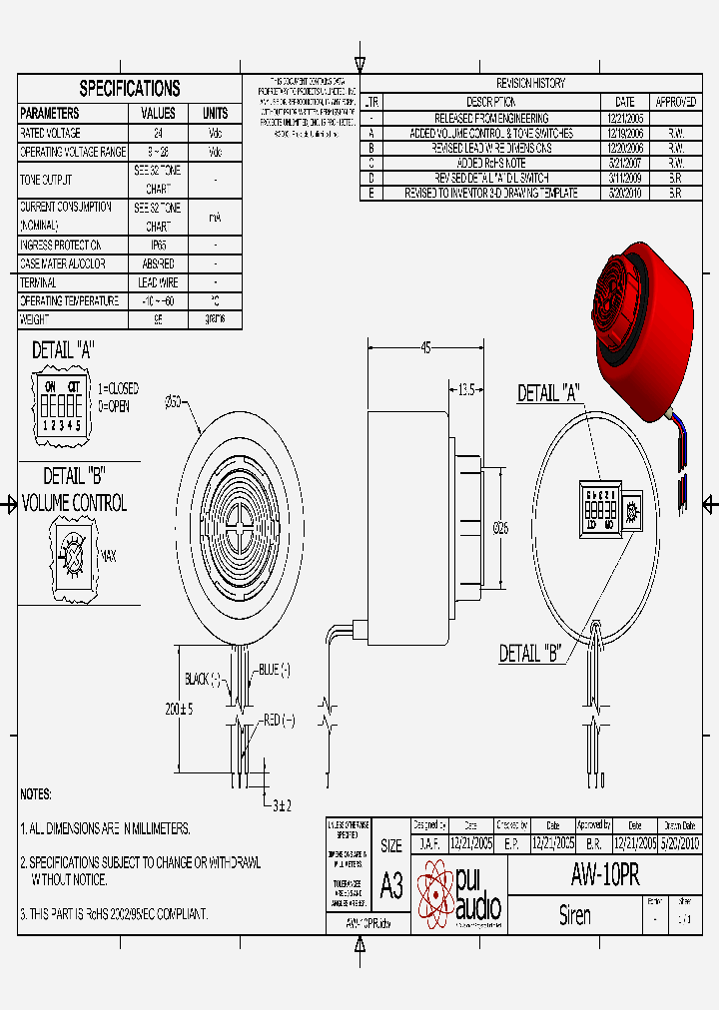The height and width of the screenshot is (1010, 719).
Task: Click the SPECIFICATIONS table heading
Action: coord(130,88)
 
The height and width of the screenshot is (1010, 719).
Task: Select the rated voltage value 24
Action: coord(158,133)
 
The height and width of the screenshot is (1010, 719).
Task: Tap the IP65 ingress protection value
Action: coord(158,245)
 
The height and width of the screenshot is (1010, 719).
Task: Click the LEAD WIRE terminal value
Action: coord(158,282)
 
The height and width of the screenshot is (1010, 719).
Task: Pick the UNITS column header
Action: coord(216,113)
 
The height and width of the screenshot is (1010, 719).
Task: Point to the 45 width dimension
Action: coord(426,348)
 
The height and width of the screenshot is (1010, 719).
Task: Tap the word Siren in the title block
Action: coord(574,915)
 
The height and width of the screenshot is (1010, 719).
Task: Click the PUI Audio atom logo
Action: coord(434,891)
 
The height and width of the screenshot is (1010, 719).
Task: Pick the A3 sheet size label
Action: coord(391,884)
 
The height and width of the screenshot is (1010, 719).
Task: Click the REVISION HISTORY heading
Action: coord(530,83)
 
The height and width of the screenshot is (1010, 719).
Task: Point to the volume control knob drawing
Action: coord(73,551)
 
